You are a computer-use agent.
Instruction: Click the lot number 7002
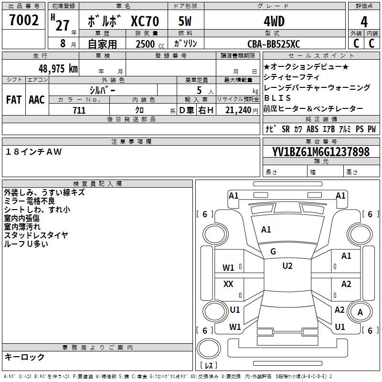click(24, 20)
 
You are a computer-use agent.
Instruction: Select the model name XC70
click(145, 21)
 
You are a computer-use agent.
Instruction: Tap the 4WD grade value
click(274, 21)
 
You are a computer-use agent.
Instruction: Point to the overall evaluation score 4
click(364, 22)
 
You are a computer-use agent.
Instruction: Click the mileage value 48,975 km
click(58, 69)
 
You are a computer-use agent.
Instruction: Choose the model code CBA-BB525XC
click(274, 44)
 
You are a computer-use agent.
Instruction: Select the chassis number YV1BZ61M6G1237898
click(321, 151)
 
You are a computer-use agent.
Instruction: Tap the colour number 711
click(79, 110)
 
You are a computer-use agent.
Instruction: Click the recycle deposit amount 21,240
click(238, 110)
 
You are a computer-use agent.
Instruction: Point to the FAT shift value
click(14, 100)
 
